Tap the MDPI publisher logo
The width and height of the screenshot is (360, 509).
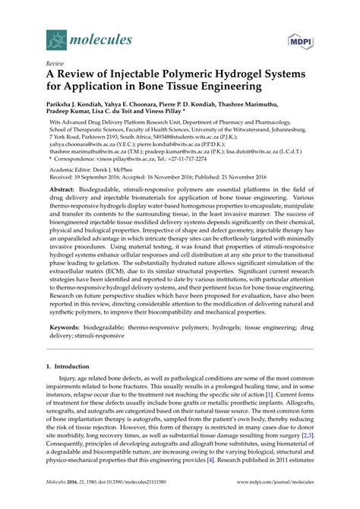(x=301, y=34)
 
